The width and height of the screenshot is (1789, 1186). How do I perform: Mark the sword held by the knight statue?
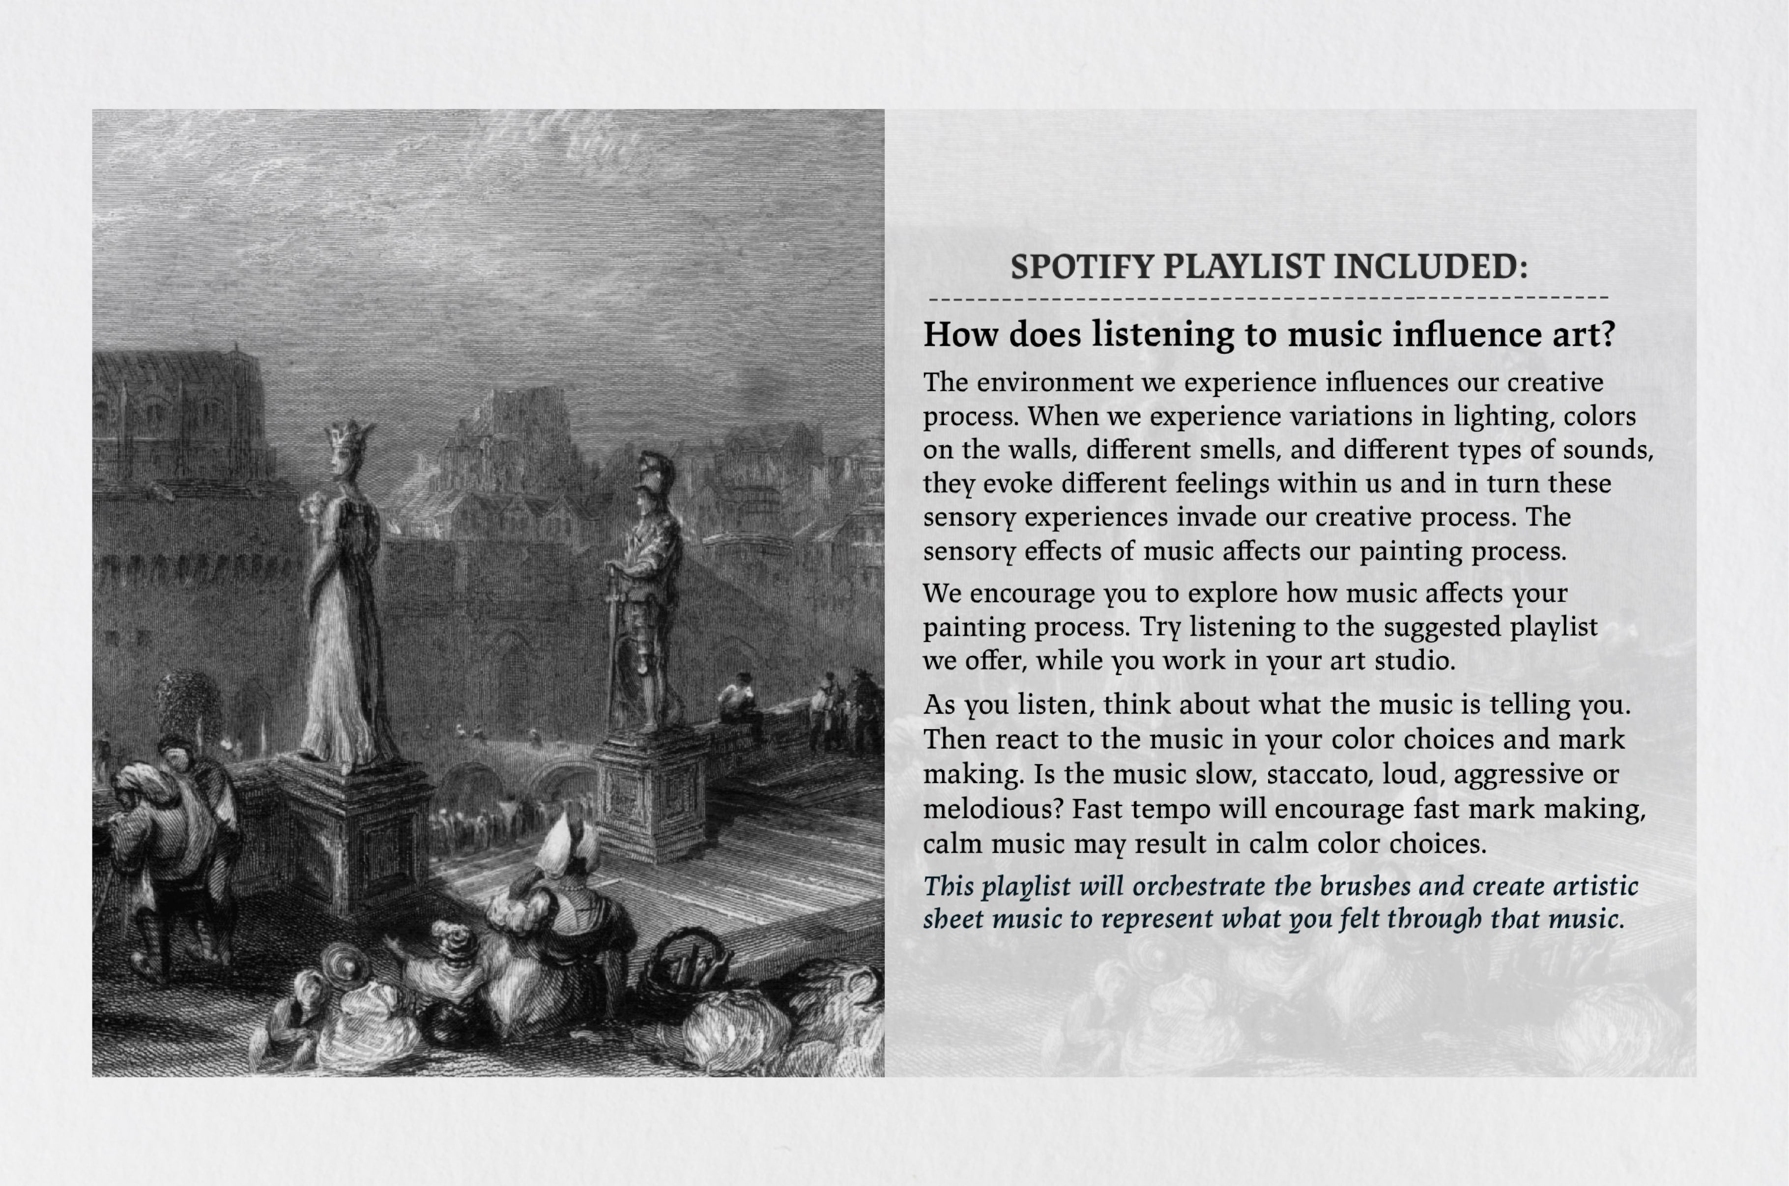click(x=613, y=643)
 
